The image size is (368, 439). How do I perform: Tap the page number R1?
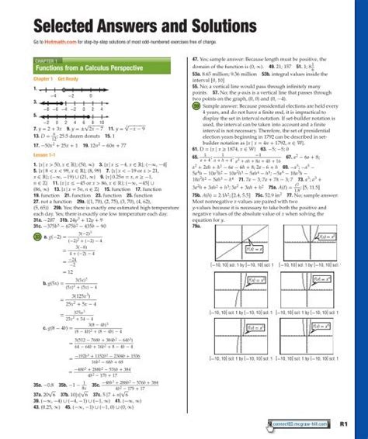[x=347, y=425]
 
